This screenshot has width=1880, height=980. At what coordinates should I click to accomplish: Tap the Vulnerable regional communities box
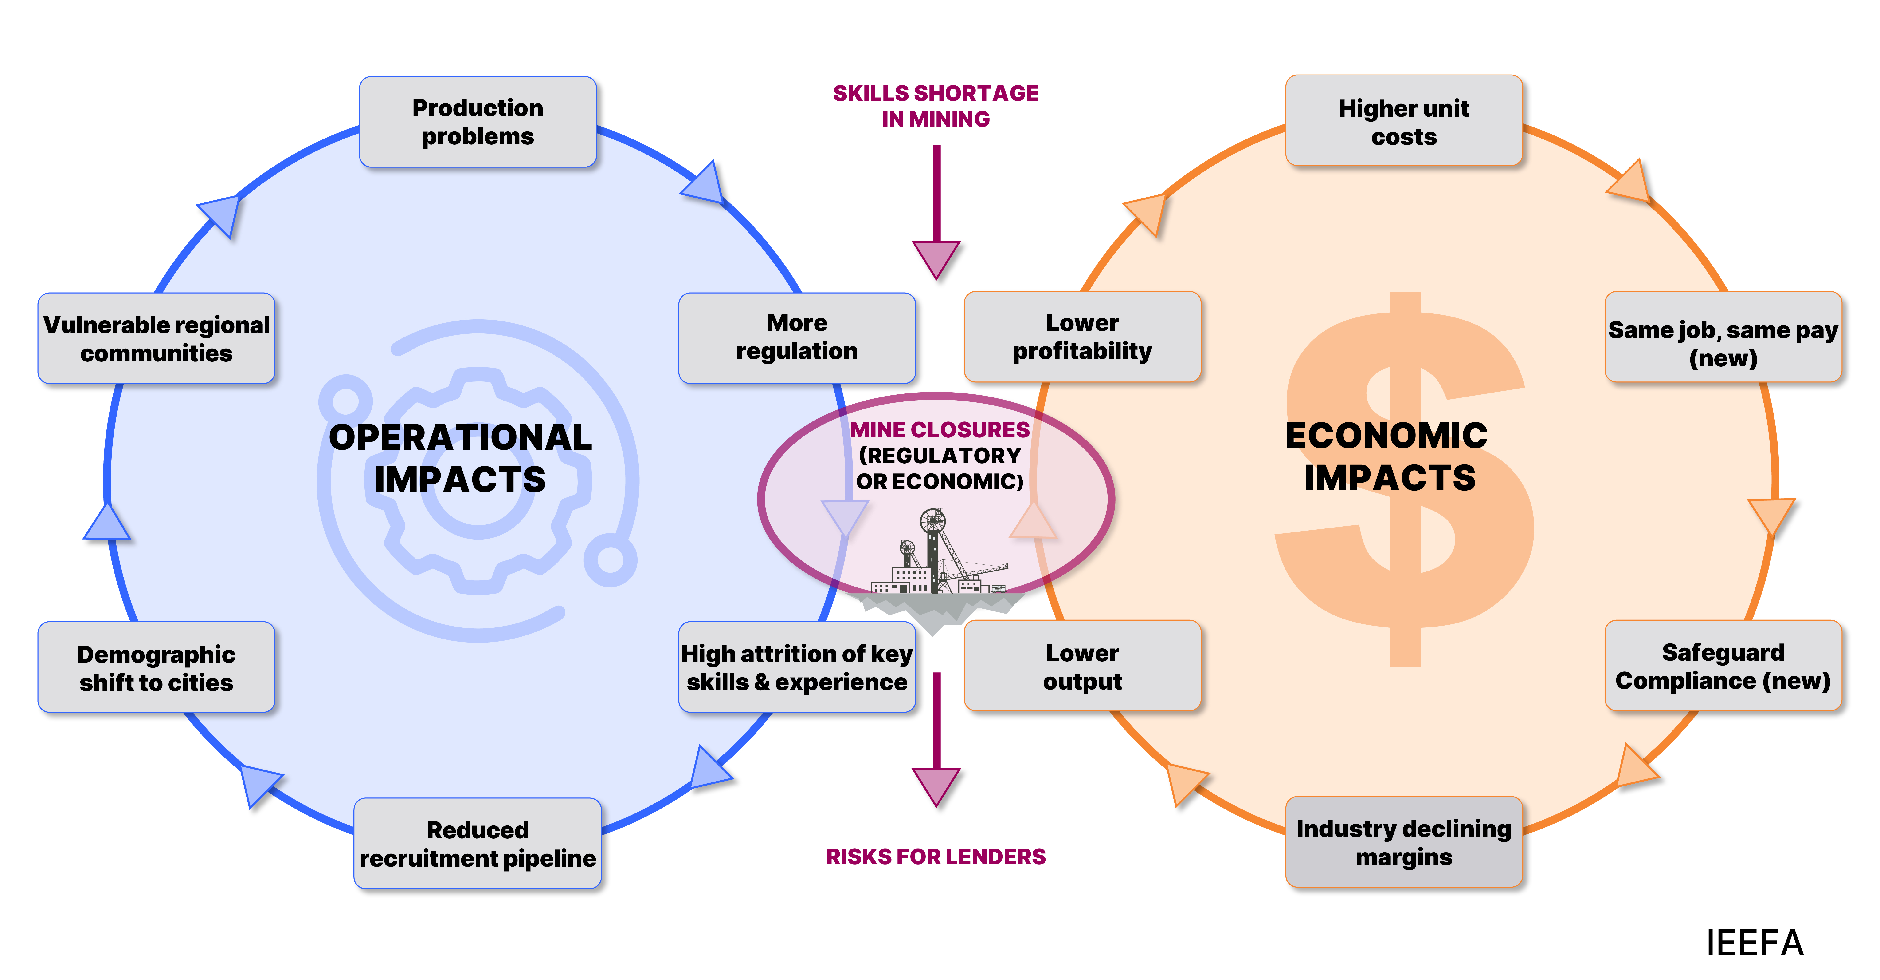coord(156,338)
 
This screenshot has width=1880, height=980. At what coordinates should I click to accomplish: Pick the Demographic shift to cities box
coord(156,667)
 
